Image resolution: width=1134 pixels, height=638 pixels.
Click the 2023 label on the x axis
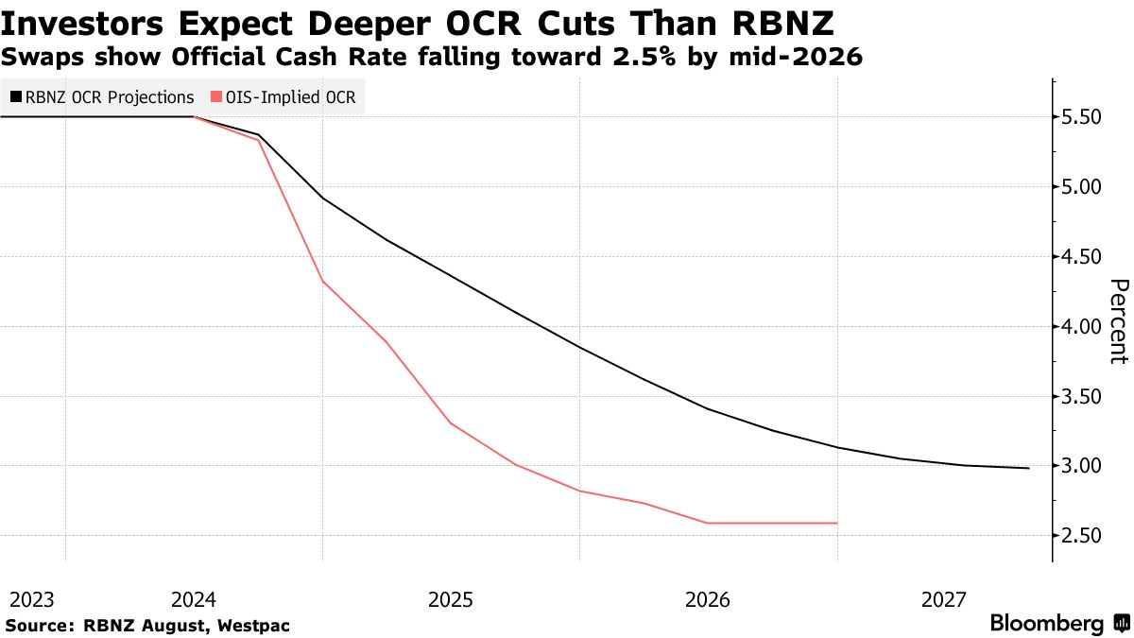click(32, 599)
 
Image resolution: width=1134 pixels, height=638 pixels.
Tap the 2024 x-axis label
click(195, 599)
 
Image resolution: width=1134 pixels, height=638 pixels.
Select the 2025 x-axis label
click(451, 599)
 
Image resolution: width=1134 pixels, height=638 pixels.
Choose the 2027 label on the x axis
click(944, 599)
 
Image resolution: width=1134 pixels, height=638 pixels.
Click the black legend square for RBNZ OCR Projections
click(17, 96)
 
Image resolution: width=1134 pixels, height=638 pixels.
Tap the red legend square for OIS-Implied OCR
click(218, 96)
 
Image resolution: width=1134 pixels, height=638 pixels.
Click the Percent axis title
click(1119, 321)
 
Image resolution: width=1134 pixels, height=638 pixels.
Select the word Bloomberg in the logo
click(1046, 624)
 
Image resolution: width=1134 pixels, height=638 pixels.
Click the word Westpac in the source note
click(254, 626)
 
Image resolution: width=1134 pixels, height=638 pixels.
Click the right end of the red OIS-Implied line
click(837, 523)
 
